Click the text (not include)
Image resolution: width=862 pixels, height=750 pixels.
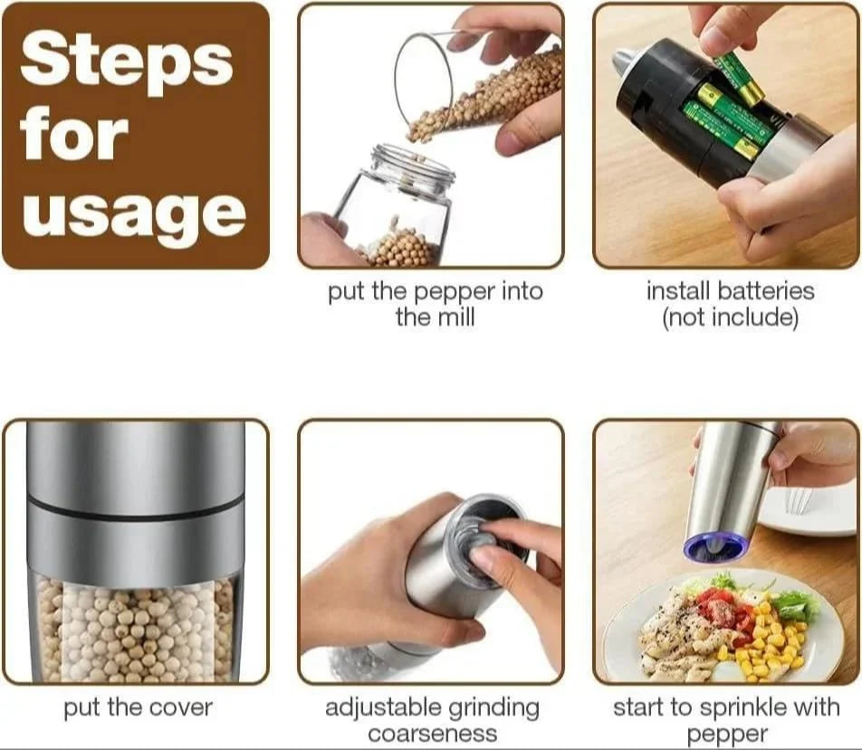click(730, 318)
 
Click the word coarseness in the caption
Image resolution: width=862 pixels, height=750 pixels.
click(433, 734)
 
